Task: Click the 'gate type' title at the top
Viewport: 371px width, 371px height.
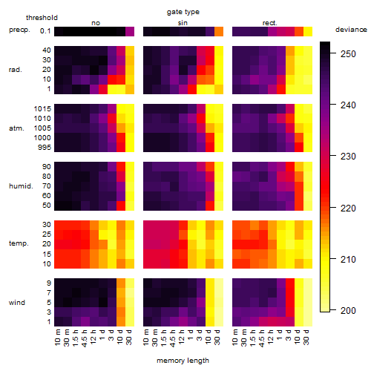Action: pos(183,12)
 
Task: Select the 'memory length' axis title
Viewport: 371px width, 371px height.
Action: pos(183,361)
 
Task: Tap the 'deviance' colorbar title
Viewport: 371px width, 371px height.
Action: pos(351,30)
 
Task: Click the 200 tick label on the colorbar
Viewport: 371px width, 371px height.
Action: pos(348,310)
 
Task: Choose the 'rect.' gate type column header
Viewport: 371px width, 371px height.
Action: pos(269,23)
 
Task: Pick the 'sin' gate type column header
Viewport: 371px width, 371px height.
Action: pos(183,23)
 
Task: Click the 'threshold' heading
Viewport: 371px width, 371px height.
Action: pos(42,18)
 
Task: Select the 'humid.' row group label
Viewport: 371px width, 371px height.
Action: pos(21,185)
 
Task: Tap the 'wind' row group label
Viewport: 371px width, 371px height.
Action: pos(17,303)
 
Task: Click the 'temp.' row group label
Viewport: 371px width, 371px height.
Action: pos(19,243)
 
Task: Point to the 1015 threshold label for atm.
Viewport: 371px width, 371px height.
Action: pos(42,109)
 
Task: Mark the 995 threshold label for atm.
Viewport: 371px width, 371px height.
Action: pos(45,148)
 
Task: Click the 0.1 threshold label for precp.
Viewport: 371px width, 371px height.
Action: pos(45,31)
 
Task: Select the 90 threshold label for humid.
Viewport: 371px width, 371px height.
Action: pos(47,167)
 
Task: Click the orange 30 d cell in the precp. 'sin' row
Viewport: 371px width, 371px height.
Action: pos(219,31)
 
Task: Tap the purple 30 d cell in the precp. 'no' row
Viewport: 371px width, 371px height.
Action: pos(130,31)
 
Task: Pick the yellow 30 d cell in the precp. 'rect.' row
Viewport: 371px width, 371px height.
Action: pos(308,31)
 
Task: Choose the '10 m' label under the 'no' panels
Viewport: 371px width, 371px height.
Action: pos(57,338)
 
